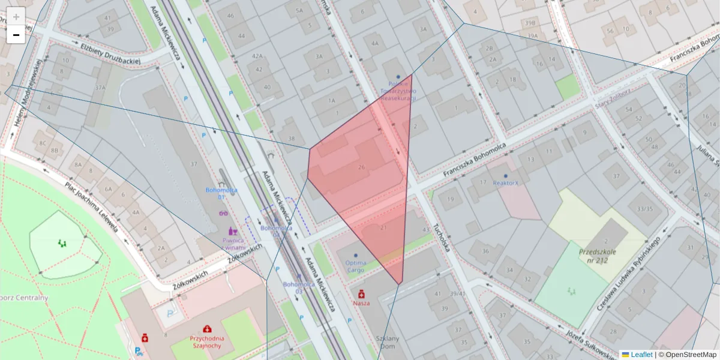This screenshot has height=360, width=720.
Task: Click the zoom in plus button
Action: [x=16, y=17]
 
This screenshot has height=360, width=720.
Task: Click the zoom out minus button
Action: [x=16, y=35]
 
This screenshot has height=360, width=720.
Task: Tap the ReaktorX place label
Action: [x=505, y=182]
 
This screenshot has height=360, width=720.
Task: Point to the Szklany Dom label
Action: [x=387, y=342]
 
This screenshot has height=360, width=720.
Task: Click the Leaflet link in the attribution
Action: [x=641, y=355]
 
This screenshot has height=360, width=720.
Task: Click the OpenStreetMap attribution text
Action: [x=690, y=355]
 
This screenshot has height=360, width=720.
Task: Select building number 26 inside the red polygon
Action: [x=361, y=167]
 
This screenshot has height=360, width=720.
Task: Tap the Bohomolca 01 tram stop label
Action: [x=221, y=193]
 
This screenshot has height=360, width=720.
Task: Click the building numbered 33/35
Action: [x=644, y=209]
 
